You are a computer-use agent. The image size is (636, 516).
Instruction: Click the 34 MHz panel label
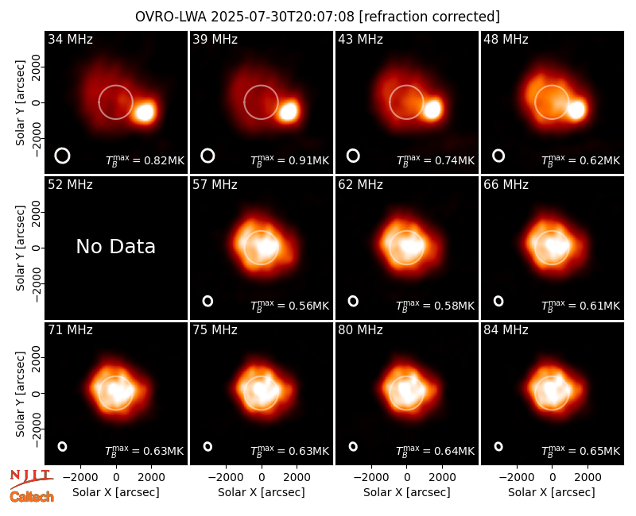pos(70,39)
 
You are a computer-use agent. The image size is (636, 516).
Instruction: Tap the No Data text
pos(115,246)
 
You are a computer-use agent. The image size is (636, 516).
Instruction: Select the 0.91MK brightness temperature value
pos(308,161)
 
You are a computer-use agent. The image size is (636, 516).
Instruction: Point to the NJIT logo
pos(31,477)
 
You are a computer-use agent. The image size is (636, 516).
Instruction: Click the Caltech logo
pos(32,497)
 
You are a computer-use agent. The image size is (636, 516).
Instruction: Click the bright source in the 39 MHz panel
pos(289,110)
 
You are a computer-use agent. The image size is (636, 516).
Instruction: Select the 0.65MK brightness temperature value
pos(600,451)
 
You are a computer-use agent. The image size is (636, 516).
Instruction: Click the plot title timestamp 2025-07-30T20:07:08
pos(283,17)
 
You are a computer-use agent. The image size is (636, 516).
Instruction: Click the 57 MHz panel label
pos(215,185)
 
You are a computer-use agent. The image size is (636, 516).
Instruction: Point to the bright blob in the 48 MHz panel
pos(576,110)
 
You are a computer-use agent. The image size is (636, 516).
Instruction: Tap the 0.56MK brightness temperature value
pos(308,306)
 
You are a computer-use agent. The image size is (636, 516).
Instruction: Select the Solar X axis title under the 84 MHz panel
pos(552,492)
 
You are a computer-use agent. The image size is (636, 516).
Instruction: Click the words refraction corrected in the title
pos(429,17)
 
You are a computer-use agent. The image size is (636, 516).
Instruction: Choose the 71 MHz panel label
pos(70,330)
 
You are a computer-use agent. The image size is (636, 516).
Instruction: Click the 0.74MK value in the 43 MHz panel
pos(454,161)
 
